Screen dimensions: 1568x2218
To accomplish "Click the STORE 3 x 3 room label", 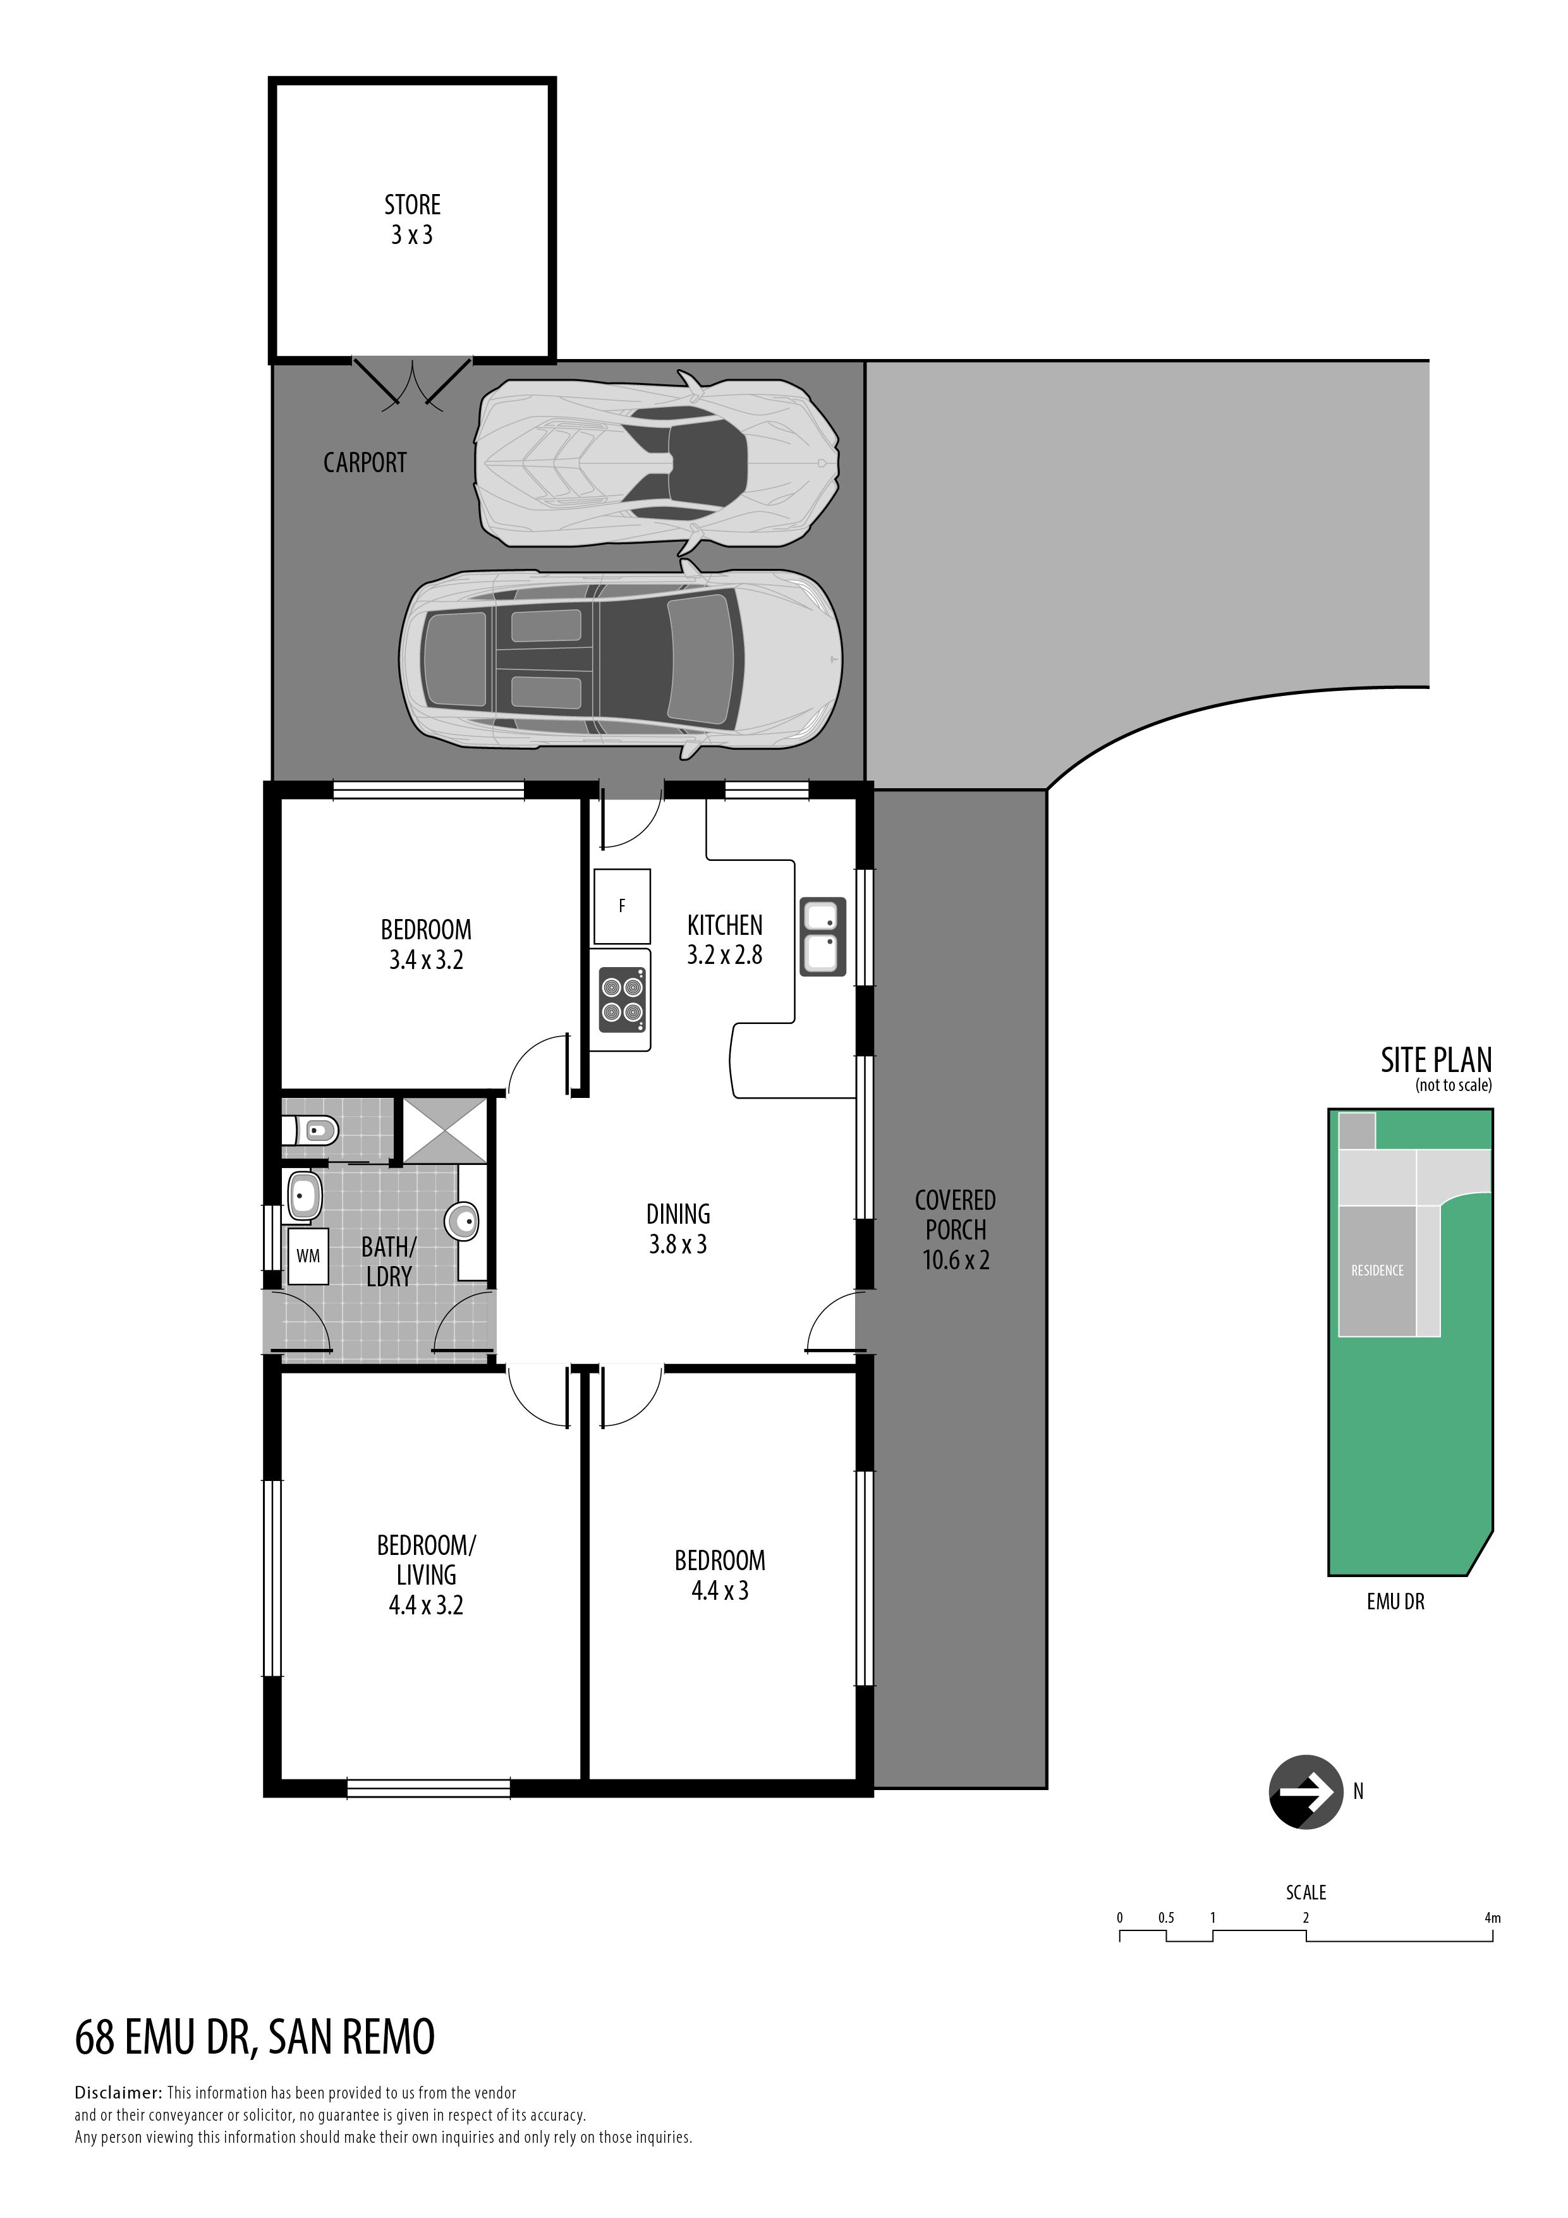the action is click(413, 219).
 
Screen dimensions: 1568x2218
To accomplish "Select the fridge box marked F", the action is click(622, 906).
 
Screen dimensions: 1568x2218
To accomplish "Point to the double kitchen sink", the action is click(823, 937).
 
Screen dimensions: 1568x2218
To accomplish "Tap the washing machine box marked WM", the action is click(308, 1256).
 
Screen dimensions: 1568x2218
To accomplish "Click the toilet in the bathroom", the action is click(309, 1130).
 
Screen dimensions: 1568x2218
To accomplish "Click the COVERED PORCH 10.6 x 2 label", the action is click(956, 1230).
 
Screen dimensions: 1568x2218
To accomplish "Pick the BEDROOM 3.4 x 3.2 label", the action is click(426, 945).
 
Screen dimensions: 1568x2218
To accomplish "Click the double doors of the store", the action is click(413, 384).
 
